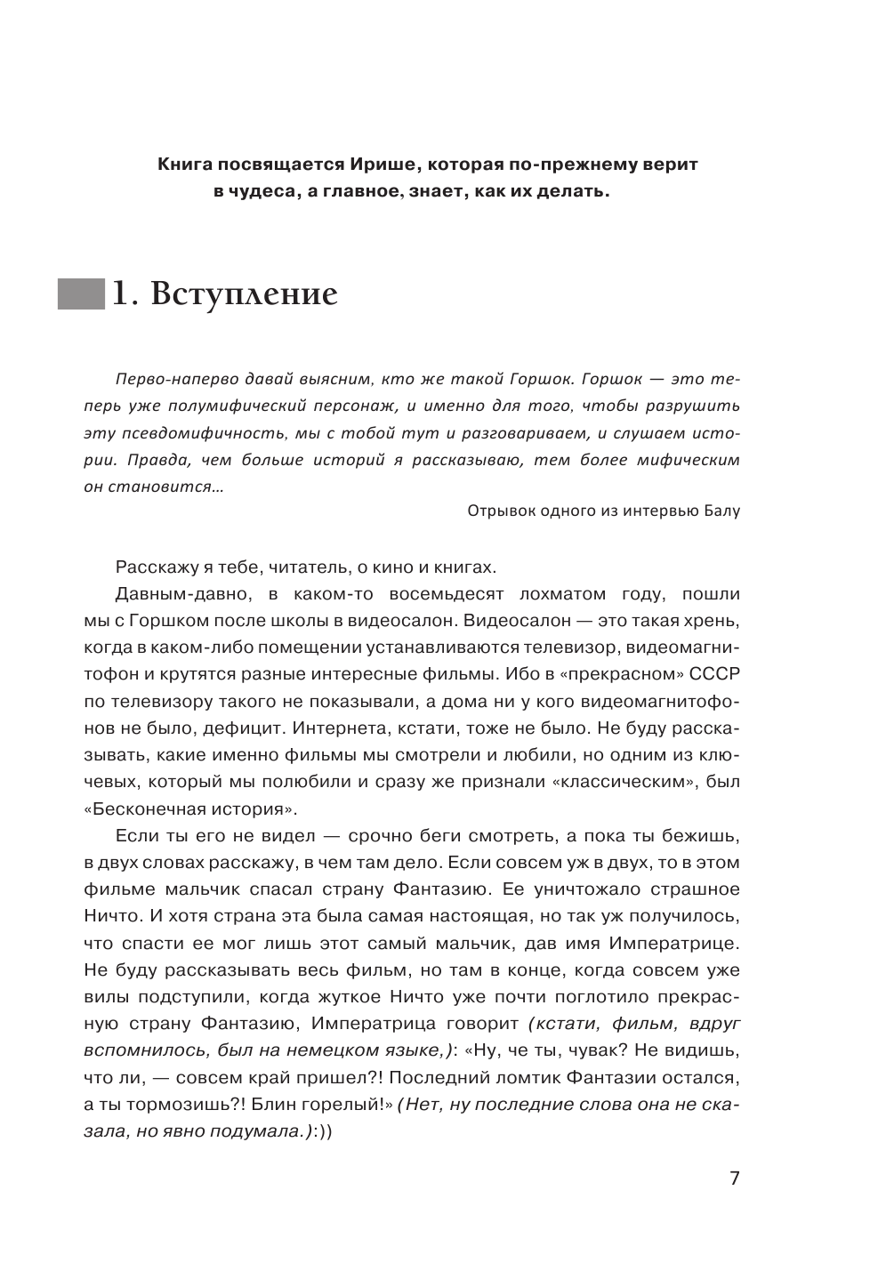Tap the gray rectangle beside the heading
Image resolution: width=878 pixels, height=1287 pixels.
coord(81,294)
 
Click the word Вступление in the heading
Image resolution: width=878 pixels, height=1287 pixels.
coord(245,294)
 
